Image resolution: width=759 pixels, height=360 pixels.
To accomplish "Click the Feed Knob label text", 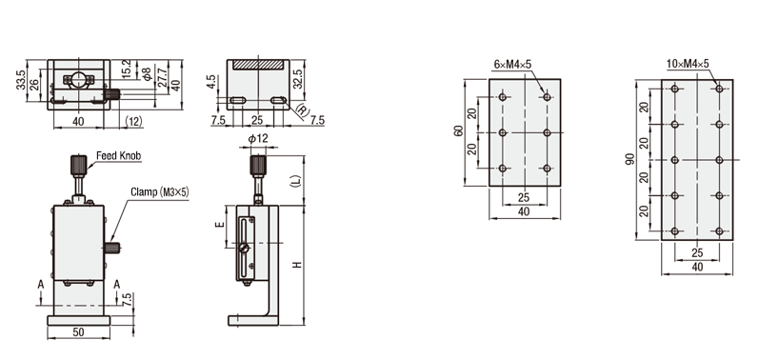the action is [119, 156].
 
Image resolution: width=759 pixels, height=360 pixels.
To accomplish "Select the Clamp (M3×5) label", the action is [160, 192].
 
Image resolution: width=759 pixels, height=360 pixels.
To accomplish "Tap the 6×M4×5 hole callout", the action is [512, 64].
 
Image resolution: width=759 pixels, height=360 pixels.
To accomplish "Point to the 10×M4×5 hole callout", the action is [688, 64].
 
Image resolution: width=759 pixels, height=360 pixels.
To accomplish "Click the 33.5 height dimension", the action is [20, 80].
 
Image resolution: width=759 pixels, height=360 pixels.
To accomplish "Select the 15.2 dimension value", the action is [127, 70].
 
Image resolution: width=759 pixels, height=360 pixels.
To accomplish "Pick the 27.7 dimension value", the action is [162, 77].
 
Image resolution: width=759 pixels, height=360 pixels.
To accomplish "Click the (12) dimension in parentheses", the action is [134, 121].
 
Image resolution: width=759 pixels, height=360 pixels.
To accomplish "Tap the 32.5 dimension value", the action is [298, 78].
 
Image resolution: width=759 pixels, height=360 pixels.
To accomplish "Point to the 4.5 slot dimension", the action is [210, 81].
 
